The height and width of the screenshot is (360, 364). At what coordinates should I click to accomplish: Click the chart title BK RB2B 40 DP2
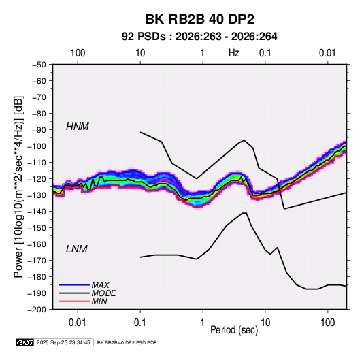[x=199, y=19]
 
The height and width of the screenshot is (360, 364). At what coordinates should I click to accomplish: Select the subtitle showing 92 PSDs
[x=199, y=37]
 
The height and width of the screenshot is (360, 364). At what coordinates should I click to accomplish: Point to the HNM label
[x=78, y=127]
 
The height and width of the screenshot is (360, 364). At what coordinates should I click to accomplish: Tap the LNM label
[x=77, y=249]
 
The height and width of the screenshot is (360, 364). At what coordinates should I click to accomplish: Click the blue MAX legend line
[x=74, y=284]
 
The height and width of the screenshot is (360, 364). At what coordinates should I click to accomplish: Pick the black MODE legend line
[x=74, y=293]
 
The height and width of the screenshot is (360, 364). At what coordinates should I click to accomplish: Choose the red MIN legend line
[x=74, y=301]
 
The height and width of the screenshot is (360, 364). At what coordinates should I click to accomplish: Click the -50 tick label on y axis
[x=39, y=65]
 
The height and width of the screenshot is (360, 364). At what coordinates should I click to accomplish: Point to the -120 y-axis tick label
[x=37, y=179]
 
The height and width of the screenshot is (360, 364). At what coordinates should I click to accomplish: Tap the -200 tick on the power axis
[x=37, y=310]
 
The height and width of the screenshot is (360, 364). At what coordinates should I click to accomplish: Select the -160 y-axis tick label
[x=37, y=244]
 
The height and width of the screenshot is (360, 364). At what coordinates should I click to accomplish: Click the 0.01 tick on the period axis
[x=78, y=323]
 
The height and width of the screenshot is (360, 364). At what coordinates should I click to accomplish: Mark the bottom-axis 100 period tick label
[x=327, y=323]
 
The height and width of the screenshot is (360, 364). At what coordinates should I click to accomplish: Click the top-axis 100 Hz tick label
[x=78, y=53]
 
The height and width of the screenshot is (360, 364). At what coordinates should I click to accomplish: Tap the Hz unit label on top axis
[x=234, y=53]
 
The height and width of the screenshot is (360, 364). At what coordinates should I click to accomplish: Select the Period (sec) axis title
[x=234, y=330]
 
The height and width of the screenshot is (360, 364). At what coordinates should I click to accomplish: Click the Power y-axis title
[x=18, y=186]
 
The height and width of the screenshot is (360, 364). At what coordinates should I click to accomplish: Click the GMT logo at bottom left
[x=24, y=342]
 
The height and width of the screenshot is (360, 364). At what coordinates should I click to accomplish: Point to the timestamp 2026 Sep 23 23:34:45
[x=63, y=342]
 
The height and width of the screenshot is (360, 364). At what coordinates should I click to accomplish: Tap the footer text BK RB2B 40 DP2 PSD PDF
[x=127, y=342]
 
